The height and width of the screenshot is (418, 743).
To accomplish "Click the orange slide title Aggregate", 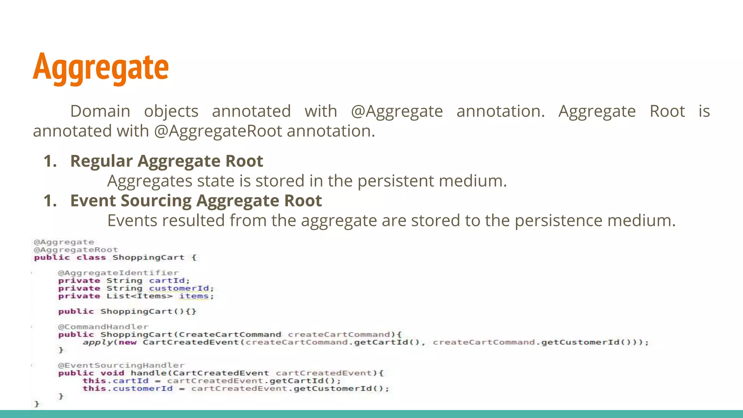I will point(101,67).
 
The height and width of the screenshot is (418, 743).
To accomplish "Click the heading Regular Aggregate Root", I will point(167,161).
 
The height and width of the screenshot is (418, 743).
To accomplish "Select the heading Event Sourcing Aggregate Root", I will point(196,201).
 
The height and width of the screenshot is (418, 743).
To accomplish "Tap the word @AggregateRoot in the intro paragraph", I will point(218,131).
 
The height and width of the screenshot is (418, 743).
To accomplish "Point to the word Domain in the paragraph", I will point(100,111).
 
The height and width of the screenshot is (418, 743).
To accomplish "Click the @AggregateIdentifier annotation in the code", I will point(118,273).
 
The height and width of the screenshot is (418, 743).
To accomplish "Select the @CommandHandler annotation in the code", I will point(103,327).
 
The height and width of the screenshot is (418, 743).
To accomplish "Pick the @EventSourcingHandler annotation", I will point(121,365).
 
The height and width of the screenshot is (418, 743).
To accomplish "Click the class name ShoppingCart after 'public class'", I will point(148,258).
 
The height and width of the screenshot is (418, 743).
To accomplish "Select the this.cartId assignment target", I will point(115,381).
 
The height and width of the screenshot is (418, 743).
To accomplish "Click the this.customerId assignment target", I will point(127,389).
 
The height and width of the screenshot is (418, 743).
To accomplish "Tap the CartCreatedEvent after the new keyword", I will point(191,343).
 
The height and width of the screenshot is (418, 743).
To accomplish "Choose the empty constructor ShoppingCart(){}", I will point(148,312).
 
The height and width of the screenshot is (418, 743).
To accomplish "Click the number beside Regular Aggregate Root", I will point(50,161).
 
